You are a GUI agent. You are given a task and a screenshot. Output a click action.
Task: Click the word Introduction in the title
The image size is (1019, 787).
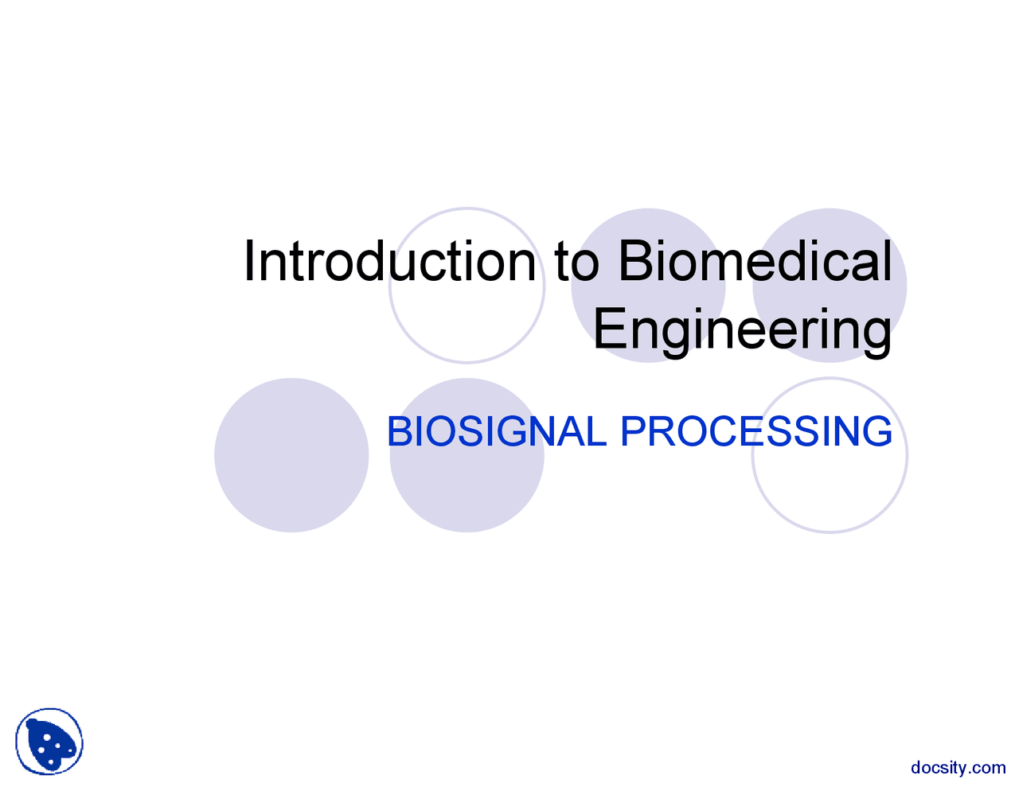[x=389, y=261]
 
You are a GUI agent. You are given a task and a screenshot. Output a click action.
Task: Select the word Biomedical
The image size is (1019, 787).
[x=754, y=261]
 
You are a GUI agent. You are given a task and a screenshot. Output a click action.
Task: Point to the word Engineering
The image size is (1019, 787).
[x=742, y=329]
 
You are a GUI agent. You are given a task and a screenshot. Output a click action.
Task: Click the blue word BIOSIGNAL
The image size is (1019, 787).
[x=496, y=431]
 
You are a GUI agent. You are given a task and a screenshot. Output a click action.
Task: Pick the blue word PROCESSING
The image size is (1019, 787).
[x=755, y=431]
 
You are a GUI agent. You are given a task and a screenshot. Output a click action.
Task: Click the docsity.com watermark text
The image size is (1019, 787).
[x=958, y=768]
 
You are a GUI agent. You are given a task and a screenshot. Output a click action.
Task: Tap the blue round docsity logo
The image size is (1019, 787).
[x=49, y=742]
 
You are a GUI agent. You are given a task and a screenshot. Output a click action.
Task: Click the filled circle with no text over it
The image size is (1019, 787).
[x=291, y=455]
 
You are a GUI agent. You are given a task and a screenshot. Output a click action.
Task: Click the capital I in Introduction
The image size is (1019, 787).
[x=249, y=261]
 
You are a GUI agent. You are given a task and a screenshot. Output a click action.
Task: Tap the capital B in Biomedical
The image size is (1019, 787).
[x=632, y=261]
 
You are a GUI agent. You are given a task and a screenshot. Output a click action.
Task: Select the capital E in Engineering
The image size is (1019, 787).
[x=608, y=329]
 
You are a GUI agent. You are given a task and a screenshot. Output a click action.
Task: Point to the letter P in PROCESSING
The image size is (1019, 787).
[x=633, y=431]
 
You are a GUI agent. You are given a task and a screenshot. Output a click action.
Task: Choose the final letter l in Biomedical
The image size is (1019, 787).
[x=887, y=261]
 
